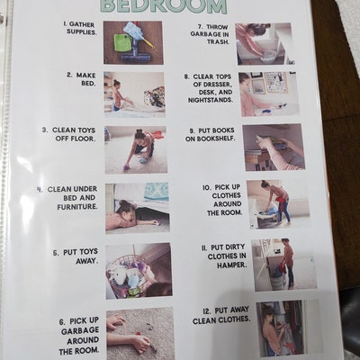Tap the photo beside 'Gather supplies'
pos(133,42)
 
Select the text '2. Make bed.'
pos(82,79)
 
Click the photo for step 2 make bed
pos(134,92)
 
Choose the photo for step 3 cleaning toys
pos(136,148)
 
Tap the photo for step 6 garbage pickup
pos(139,333)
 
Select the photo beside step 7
pos(264,43)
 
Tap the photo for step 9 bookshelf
pos(273,147)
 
